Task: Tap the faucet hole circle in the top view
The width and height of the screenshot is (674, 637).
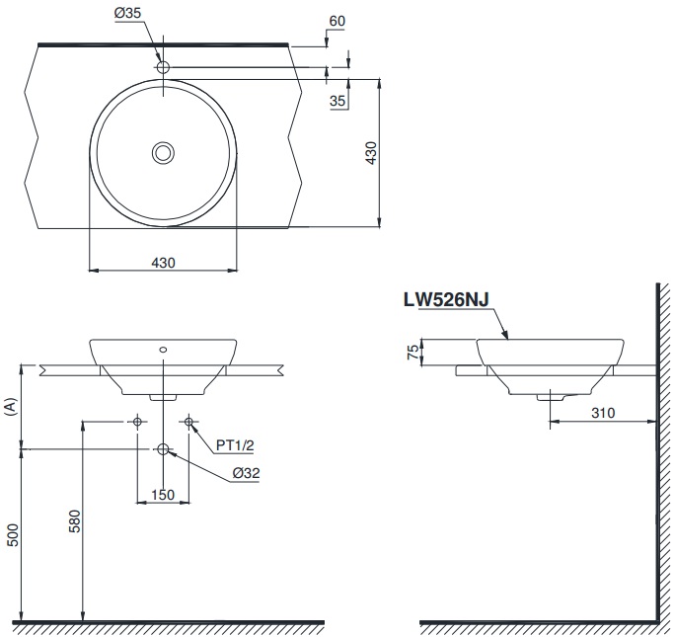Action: [164, 67]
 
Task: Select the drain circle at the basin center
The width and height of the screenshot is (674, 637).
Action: [163, 152]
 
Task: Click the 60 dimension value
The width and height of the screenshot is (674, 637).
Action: [337, 20]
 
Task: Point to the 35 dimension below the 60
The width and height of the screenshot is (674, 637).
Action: [337, 101]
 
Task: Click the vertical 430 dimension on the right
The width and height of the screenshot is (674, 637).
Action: [370, 153]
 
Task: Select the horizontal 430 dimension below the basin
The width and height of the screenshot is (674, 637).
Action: [163, 262]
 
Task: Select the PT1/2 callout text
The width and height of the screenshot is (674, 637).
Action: [236, 445]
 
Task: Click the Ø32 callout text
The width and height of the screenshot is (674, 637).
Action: [246, 473]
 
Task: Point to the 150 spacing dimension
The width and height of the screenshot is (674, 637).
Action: [163, 494]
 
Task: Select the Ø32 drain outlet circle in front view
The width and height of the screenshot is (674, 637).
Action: [164, 449]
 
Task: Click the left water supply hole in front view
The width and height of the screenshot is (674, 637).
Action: [138, 422]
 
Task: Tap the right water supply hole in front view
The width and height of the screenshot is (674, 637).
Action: [188, 422]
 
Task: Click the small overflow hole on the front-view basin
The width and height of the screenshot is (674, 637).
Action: [164, 350]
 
